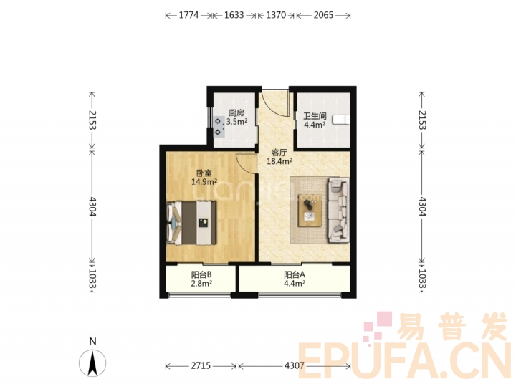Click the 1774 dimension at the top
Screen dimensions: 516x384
click(x=188, y=15)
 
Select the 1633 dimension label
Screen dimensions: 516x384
click(x=234, y=15)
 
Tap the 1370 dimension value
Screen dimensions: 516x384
click(x=276, y=15)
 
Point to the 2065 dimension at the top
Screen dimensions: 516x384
click(x=323, y=15)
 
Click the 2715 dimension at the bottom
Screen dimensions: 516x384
click(x=201, y=365)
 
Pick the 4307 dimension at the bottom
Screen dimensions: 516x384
click(x=295, y=365)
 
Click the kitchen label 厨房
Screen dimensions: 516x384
click(x=236, y=113)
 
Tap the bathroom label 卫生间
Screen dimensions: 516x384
click(x=315, y=116)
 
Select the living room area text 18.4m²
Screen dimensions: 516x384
click(x=279, y=161)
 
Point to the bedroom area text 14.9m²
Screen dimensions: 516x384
click(x=204, y=182)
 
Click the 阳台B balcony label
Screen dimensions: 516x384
click(x=201, y=274)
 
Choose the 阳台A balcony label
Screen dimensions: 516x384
click(x=295, y=274)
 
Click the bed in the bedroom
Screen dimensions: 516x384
click(x=191, y=223)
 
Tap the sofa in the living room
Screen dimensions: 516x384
click(x=338, y=210)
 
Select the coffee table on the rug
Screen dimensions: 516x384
click(x=310, y=211)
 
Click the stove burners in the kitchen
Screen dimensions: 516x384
click(x=219, y=127)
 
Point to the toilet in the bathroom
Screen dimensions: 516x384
click(x=341, y=120)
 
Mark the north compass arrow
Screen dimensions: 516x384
click(x=92, y=363)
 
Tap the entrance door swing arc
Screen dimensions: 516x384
click(x=273, y=107)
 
